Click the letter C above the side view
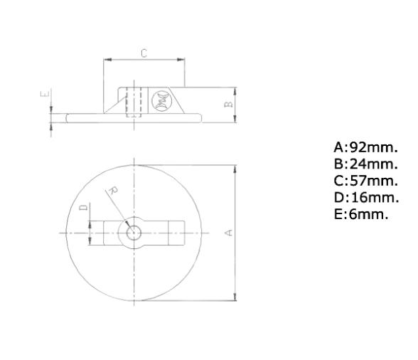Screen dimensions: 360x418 point(144,53)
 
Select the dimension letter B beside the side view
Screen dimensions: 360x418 point(228,104)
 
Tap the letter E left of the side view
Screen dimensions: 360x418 point(43,93)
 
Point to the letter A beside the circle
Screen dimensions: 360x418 point(227,233)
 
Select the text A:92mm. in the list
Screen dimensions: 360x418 point(365,148)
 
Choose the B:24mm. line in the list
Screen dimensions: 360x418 point(365,164)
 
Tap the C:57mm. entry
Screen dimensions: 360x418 point(365,181)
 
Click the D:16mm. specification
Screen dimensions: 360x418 point(365,197)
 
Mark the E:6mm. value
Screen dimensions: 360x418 point(361,213)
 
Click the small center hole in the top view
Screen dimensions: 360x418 point(132,233)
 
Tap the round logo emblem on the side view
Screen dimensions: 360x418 point(160,100)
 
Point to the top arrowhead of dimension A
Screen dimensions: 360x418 point(235,168)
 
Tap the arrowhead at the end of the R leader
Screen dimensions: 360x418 point(128,226)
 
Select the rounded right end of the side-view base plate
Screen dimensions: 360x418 point(200,118)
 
